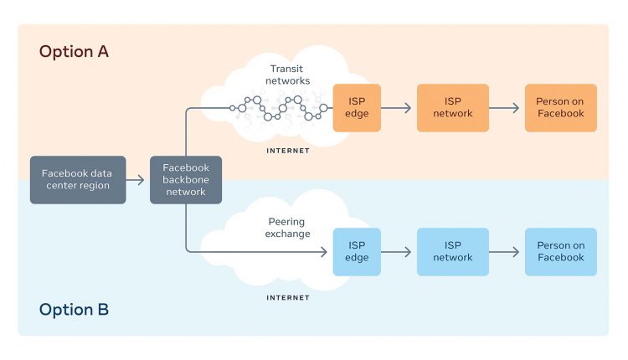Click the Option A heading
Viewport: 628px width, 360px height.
(74, 52)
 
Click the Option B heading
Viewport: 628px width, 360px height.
(74, 310)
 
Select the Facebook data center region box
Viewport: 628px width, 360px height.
(78, 180)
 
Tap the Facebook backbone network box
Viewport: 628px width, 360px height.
(186, 180)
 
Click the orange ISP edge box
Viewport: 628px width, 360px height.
(357, 108)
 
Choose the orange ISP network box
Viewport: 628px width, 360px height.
(453, 108)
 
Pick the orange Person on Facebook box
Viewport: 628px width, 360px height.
(561, 108)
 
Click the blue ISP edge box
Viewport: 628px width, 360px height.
(357, 252)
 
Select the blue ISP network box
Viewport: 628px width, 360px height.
(453, 252)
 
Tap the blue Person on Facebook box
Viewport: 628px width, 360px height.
(561, 252)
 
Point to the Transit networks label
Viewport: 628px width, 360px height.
(287, 75)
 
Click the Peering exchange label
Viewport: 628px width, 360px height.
(287, 228)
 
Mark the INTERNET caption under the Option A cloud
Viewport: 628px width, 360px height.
(288, 151)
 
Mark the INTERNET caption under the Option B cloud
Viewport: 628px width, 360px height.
(288, 298)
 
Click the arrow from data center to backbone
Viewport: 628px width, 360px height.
(135, 180)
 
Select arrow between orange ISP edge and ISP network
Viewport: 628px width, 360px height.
(396, 108)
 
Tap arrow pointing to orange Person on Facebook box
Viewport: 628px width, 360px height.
(504, 108)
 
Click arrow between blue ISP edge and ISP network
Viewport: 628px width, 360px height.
(396, 252)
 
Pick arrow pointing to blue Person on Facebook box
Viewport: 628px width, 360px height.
(504, 252)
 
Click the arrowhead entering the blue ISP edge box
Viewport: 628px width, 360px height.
(324, 252)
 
